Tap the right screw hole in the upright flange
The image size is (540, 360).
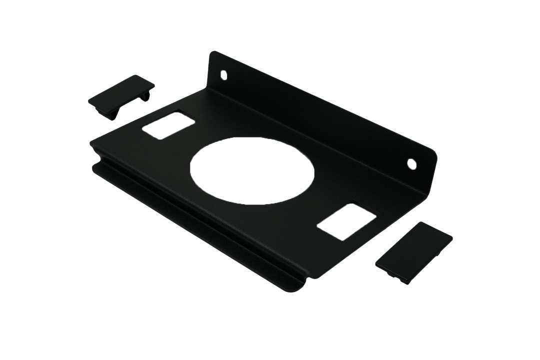tap(411, 163)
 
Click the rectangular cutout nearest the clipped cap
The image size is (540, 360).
tap(167, 125)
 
